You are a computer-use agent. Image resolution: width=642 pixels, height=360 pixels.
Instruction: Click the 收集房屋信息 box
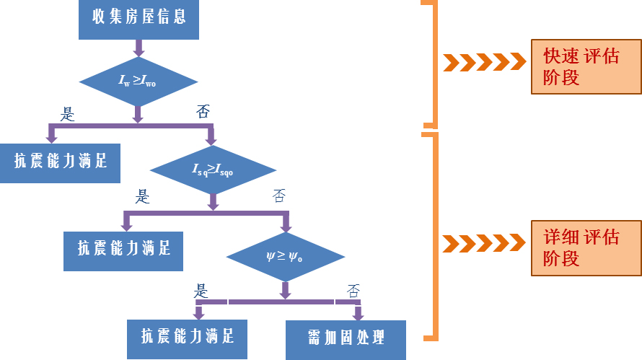coord(138,18)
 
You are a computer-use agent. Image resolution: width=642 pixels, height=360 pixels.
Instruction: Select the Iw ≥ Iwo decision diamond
coord(138,81)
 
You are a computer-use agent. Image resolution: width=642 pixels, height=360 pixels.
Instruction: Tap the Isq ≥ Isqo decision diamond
coord(213,170)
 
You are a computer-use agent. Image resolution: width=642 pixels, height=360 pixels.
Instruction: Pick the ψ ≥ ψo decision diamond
coord(285,255)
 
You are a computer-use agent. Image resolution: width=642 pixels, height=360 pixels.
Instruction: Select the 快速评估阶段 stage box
coord(586,67)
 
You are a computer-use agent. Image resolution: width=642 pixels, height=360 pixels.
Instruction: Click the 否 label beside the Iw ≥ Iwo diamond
coord(204,112)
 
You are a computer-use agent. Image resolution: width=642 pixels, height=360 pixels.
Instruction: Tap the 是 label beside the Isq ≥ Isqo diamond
coord(143,196)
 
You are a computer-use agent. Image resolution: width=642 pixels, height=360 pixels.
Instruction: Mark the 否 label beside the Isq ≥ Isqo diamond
coord(279,196)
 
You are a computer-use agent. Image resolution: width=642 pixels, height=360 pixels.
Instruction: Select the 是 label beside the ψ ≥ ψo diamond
coord(201,291)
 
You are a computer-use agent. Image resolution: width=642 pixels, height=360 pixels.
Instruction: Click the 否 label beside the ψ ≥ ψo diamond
coord(353,291)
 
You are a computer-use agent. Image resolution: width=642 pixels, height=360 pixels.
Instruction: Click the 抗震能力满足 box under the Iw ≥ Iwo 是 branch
coord(60,162)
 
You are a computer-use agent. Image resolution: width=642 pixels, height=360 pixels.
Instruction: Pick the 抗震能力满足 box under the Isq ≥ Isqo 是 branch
coord(123,250)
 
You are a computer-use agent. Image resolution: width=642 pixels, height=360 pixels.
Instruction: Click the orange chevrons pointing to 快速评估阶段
coord(484,62)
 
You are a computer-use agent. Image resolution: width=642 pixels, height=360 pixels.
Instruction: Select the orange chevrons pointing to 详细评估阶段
coord(484,243)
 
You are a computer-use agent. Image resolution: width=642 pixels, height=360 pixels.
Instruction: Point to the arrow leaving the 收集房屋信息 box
coord(138,48)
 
